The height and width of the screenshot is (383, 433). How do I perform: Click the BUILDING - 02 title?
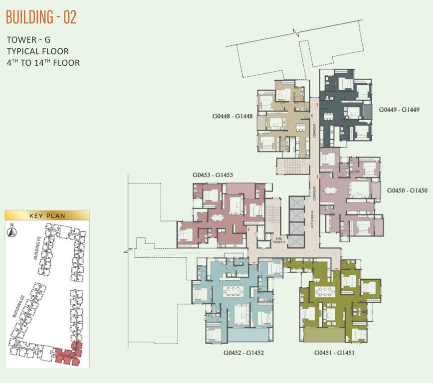coord(41,17)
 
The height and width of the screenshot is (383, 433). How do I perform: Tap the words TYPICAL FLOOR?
coord(37,51)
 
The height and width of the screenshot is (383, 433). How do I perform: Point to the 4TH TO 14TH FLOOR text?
coord(43,63)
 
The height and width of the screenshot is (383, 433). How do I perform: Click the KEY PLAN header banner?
coord(47,215)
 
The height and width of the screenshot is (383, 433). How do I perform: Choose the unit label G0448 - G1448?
coord(231,117)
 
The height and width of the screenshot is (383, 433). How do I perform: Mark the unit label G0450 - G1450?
coord(407,191)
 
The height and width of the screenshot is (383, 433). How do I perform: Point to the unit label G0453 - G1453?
coord(213,176)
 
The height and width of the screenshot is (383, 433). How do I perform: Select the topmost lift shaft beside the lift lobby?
coord(296,203)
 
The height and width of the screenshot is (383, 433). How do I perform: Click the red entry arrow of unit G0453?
coord(248,230)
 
